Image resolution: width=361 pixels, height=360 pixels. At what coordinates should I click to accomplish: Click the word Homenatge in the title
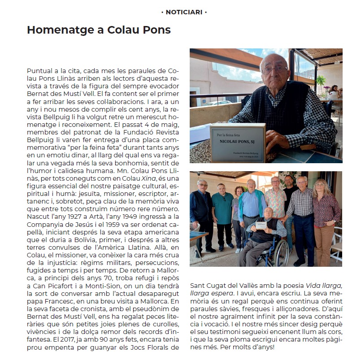click(57, 30)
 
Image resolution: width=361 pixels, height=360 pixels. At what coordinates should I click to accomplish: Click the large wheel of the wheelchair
click(277, 252)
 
